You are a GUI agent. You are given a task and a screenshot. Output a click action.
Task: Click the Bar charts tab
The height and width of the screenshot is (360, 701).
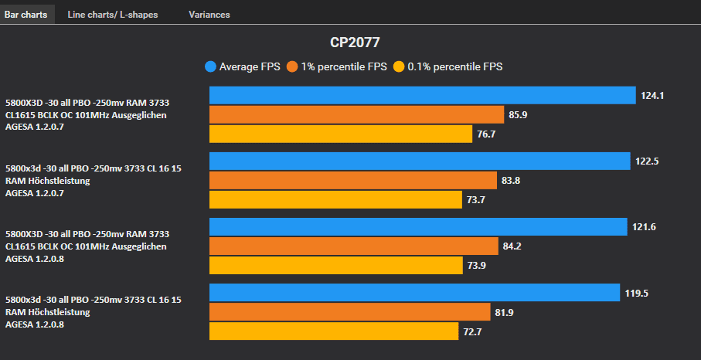coord(26,15)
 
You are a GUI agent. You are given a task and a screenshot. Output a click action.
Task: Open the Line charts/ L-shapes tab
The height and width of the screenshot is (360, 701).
coord(113,15)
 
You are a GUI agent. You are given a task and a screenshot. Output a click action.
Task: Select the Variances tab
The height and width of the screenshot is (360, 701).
coord(209,15)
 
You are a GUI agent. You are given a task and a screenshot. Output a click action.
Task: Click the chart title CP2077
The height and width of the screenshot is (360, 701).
coord(355,42)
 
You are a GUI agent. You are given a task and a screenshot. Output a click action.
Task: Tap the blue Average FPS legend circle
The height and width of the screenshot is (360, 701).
coord(210,66)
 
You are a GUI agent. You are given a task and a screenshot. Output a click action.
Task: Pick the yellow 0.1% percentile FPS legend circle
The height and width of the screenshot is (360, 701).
coord(399,66)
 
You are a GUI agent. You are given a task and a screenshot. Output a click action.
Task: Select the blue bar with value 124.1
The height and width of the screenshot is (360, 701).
coord(422,95)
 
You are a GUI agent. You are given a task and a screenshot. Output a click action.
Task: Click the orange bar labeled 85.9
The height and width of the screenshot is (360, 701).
coord(356,115)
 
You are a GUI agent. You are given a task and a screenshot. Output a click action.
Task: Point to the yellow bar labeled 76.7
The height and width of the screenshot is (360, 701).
coord(341,134)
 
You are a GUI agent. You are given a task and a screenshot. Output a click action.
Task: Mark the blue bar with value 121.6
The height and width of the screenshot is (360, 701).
coord(418,226)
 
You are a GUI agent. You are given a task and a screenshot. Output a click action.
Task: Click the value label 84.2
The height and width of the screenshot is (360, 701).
coord(515,246)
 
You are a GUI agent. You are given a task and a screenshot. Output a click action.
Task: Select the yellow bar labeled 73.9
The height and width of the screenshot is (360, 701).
coord(336,266)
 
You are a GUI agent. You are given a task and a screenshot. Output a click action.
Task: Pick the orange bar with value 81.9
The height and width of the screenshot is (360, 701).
coord(350,312)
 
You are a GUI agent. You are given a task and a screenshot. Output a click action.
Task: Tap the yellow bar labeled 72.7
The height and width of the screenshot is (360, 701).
coord(334,331)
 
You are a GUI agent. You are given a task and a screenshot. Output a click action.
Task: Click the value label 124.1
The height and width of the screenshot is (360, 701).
coord(652,96)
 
